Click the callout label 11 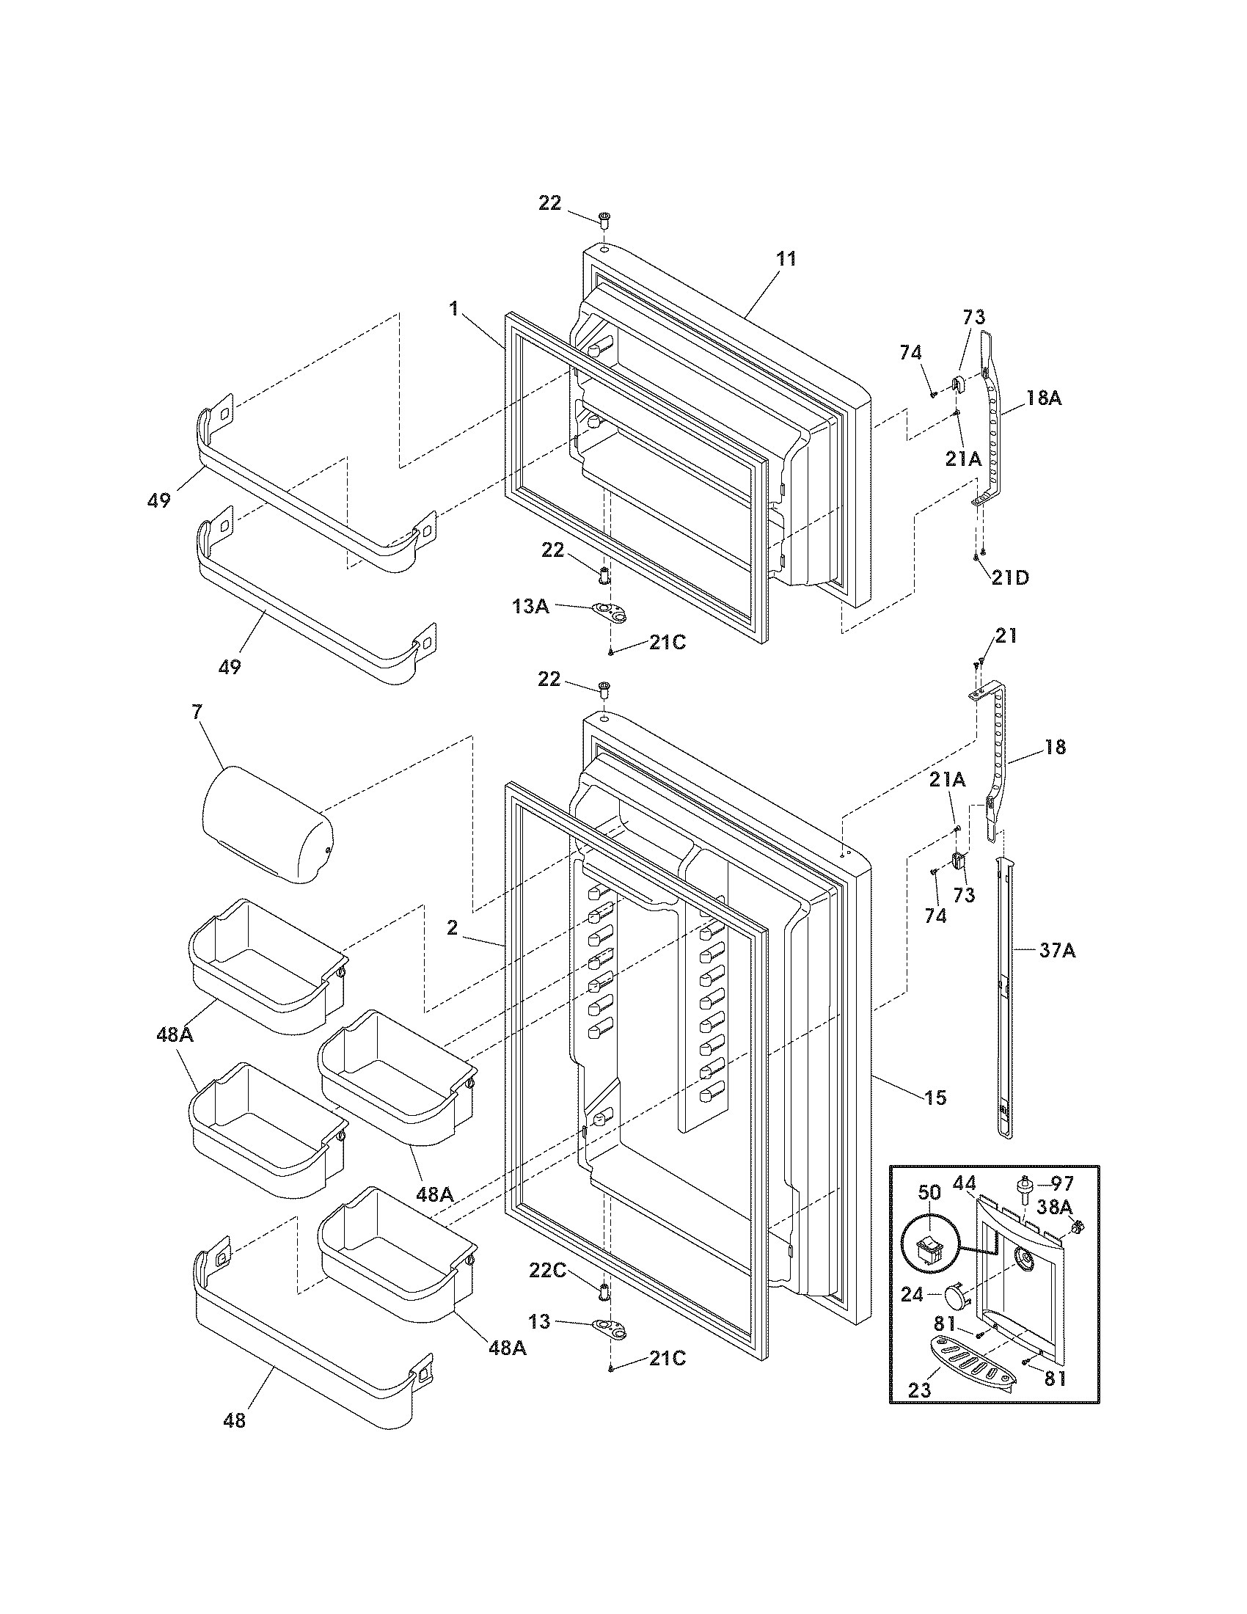(x=786, y=259)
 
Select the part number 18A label (x=1042, y=398)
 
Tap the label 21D (x=1009, y=577)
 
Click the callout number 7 (x=196, y=712)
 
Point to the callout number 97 (x=1061, y=1183)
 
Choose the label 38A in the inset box (x=1054, y=1207)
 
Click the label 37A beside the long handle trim (x=1057, y=951)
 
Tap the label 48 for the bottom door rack (x=234, y=1420)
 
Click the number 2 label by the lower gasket (x=451, y=928)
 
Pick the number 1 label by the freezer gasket (x=453, y=309)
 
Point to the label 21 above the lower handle (x=1006, y=635)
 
